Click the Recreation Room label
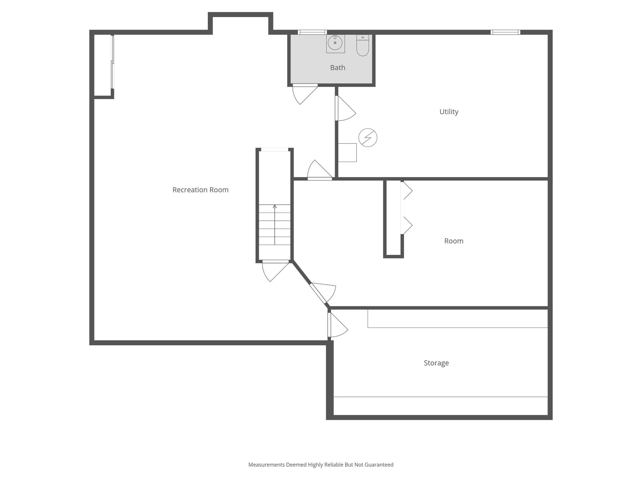point(200,190)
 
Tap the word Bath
point(338,68)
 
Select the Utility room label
point(449,112)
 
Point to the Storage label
point(436,363)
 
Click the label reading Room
point(454,241)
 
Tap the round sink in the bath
point(335,43)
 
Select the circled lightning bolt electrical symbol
point(368,138)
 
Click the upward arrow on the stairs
point(275,225)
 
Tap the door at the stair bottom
point(275,271)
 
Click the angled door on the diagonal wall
point(322,293)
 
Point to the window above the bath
point(312,32)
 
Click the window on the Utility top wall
point(505,32)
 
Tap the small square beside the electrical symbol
point(347,153)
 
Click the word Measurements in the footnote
point(266,465)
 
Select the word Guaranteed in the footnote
point(379,465)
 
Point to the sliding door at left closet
point(113,62)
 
